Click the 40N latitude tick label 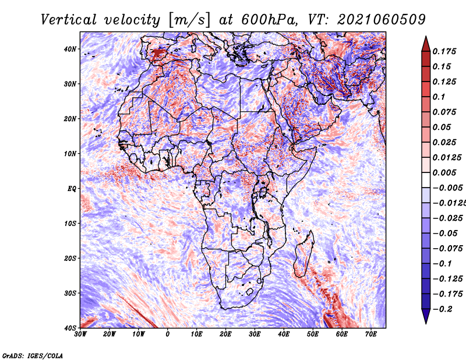[70, 49]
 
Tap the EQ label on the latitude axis [72, 189]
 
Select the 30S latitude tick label [70, 294]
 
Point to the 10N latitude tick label [70, 154]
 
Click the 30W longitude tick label [80, 334]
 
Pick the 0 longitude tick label [168, 334]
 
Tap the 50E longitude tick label [313, 334]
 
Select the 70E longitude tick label [371, 334]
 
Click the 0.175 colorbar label [444, 52]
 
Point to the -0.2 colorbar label [443, 309]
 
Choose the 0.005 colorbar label [444, 172]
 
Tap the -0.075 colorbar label [447, 249]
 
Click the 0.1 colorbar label [439, 97]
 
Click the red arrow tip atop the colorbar [426, 37]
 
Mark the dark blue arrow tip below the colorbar [426, 323]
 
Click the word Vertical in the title [69, 20]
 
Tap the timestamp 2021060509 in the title [382, 20]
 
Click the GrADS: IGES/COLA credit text [33, 356]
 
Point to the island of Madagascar [304, 254]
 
